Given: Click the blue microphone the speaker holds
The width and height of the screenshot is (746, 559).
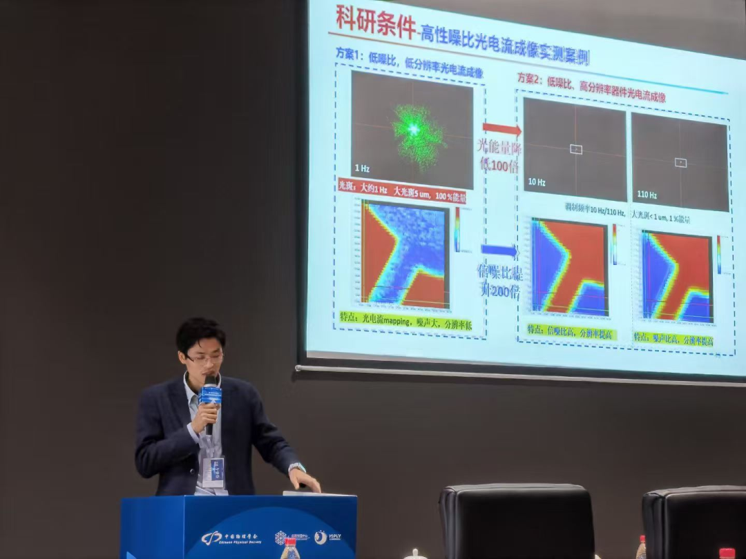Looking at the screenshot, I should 211,398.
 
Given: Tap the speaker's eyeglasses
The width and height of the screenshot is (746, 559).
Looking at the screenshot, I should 204,358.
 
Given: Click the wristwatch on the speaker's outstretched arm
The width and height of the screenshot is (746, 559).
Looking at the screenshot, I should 297,467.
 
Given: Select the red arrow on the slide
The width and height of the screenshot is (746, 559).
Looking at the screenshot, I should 501,128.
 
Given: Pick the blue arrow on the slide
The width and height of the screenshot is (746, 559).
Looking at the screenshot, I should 499,250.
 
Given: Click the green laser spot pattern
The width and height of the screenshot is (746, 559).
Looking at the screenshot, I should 417,132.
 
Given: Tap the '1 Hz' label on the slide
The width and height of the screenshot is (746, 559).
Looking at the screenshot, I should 363,168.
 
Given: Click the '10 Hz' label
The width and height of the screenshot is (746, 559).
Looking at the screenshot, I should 537,182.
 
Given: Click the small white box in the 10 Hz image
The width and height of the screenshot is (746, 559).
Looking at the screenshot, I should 576,149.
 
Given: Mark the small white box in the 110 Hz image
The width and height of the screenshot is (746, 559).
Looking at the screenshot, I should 680,162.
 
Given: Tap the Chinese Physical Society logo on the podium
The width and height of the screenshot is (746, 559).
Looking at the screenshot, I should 221,538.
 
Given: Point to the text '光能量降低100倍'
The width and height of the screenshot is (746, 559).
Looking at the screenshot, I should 501,155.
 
